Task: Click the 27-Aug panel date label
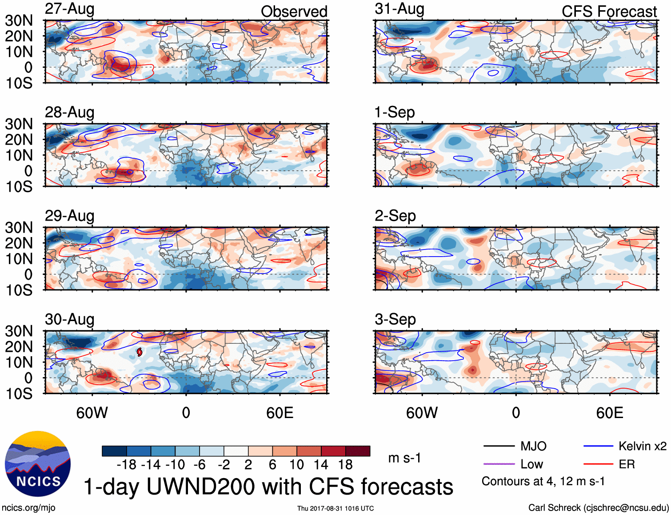(x=69, y=9)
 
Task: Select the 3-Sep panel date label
(x=395, y=319)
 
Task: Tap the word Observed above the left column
(x=294, y=12)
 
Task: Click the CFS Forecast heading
(x=609, y=12)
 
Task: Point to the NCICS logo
(x=38, y=464)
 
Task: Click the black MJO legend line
(x=499, y=446)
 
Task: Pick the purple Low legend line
(x=499, y=464)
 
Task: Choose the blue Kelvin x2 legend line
(x=598, y=446)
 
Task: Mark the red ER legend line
(x=598, y=464)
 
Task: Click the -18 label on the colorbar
(x=126, y=465)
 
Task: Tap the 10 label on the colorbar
(x=296, y=465)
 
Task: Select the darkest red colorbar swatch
(x=358, y=451)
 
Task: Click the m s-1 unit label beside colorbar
(x=404, y=458)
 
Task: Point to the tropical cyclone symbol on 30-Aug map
(x=140, y=352)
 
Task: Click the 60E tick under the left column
(x=280, y=413)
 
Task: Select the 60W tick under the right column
(x=422, y=413)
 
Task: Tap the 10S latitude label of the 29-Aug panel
(x=19, y=290)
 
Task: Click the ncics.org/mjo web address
(x=28, y=508)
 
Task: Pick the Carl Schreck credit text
(x=598, y=508)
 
